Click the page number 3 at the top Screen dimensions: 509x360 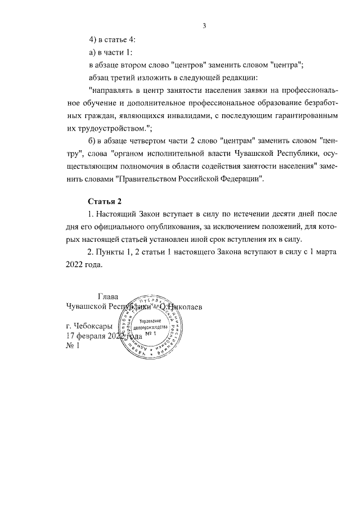point(205,25)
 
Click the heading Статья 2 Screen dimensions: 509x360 point(105,201)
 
